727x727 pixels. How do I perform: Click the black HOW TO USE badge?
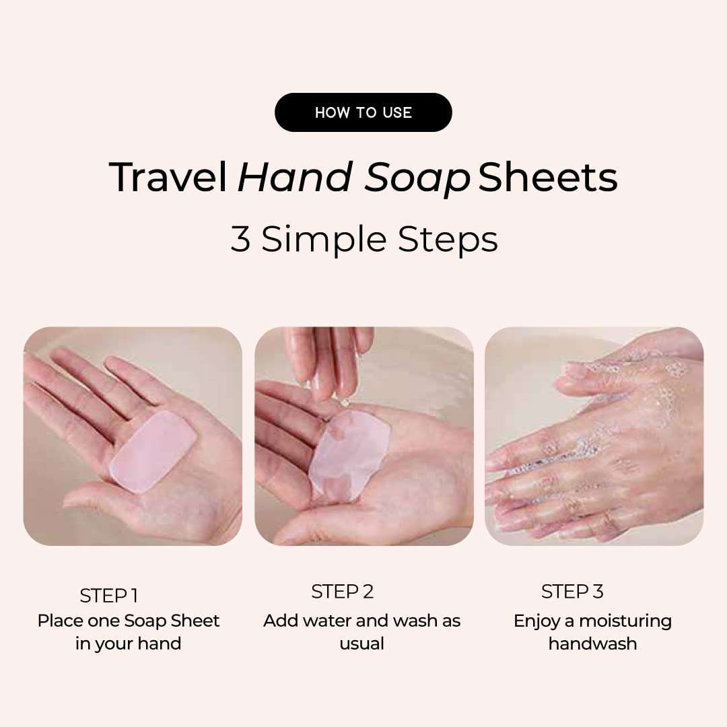[x=363, y=112]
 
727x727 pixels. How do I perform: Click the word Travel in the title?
[x=168, y=178]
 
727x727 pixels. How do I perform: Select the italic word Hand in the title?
[x=294, y=178]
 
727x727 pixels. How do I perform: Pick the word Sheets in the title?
[x=548, y=178]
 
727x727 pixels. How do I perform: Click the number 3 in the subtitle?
[x=240, y=239]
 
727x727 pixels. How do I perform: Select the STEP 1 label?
[x=108, y=596]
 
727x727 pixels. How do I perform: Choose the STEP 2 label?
[x=342, y=592]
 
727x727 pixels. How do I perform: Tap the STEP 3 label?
[x=572, y=592]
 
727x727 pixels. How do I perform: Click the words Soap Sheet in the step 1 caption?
[x=172, y=621]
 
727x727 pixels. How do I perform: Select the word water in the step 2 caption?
[x=326, y=621]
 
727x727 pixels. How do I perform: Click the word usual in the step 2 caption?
[x=361, y=644]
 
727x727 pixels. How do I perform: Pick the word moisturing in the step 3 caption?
[x=625, y=621]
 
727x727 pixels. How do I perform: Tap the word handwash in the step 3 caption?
[x=592, y=644]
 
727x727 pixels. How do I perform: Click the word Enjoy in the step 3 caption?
[x=536, y=621]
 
